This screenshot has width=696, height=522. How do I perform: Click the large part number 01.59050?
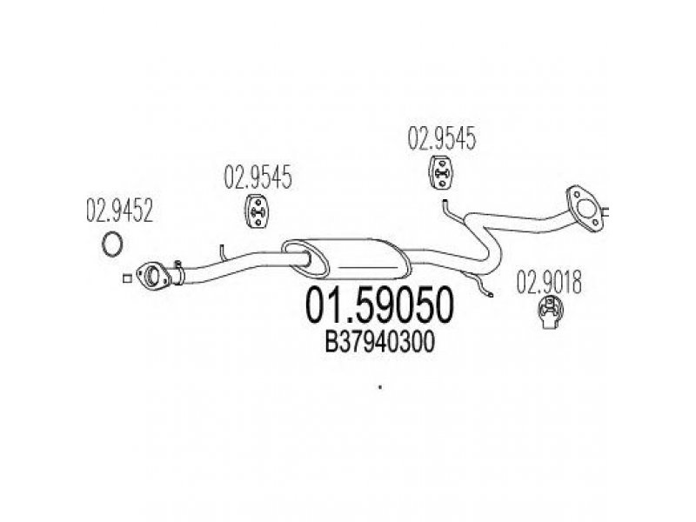coord(380,306)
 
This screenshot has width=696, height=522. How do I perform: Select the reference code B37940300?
coord(380,343)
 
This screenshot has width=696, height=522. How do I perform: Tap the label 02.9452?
coord(119,211)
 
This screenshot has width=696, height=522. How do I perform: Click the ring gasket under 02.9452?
coord(112,244)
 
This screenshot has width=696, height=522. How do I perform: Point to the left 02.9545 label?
coord(258,177)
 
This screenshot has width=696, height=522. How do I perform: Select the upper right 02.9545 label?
coord(442,138)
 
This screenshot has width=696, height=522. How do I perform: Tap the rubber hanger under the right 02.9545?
coord(441,172)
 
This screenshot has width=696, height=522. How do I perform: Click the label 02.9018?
coord(549,282)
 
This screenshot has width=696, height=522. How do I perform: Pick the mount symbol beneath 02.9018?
coord(551,312)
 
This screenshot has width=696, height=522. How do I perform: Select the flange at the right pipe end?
coord(585,208)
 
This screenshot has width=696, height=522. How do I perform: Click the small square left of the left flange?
coord(127,278)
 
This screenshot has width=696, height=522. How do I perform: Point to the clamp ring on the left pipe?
coord(178,273)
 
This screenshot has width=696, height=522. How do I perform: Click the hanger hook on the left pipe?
coord(223,252)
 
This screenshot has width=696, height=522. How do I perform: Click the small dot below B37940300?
coord(380,387)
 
